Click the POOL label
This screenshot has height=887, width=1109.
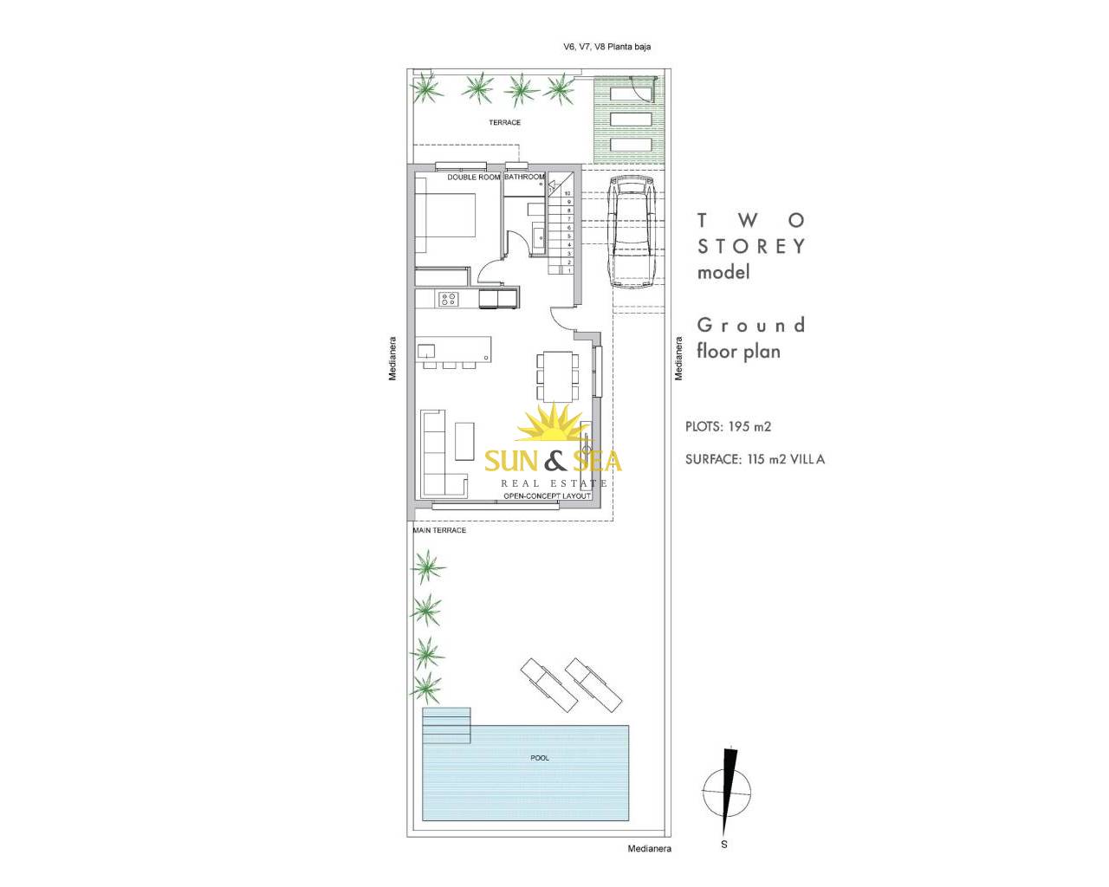540,758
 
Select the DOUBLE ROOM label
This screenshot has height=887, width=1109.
474,178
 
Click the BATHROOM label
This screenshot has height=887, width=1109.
525,177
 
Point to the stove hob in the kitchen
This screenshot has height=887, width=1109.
448,299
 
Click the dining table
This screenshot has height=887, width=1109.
557,376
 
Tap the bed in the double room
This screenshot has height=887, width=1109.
445,215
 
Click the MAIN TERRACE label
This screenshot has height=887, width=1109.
439,530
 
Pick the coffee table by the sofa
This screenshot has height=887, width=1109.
465,441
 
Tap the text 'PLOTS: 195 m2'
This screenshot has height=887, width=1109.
728,426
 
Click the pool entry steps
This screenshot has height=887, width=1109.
446,725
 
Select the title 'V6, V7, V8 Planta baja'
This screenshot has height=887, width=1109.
607,47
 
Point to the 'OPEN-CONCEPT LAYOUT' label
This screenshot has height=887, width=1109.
547,495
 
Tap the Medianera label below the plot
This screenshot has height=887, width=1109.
649,863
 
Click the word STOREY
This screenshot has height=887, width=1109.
751,246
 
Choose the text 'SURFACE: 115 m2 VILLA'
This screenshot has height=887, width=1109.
755,459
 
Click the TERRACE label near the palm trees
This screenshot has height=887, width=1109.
504,122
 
